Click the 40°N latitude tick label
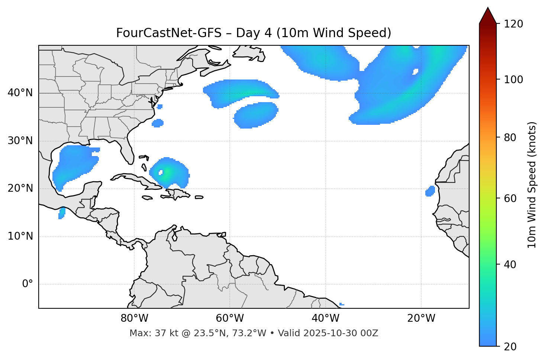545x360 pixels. (20, 93)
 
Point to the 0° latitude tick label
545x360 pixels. (28, 284)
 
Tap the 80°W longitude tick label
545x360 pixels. (134, 318)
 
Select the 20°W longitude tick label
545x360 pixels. (421, 318)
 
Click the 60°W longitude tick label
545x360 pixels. (230, 318)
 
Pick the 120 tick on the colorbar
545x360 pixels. (515, 24)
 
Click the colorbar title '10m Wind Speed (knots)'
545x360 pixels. (532, 185)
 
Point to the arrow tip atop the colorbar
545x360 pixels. (488, 8)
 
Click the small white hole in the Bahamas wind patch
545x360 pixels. (161, 172)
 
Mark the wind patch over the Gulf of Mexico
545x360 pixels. (74, 163)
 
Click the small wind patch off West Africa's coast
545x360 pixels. (430, 191)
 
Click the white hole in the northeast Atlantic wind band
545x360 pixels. (415, 71)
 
